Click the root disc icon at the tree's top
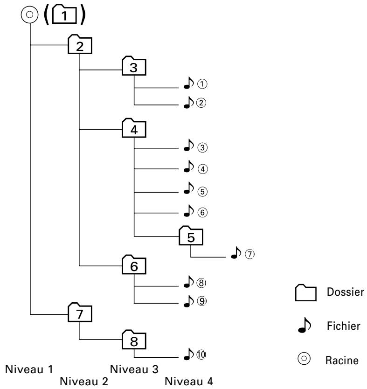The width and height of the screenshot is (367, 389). [29, 15]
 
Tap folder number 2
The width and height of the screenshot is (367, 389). [80, 45]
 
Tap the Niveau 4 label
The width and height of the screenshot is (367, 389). [189, 382]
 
